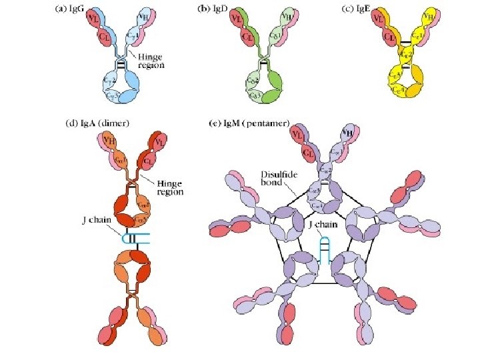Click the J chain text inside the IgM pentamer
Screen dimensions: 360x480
tap(325, 225)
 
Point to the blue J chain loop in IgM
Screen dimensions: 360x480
tap(325, 250)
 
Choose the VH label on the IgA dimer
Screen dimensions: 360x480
tap(109, 142)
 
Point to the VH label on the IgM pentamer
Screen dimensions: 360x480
tap(347, 133)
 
